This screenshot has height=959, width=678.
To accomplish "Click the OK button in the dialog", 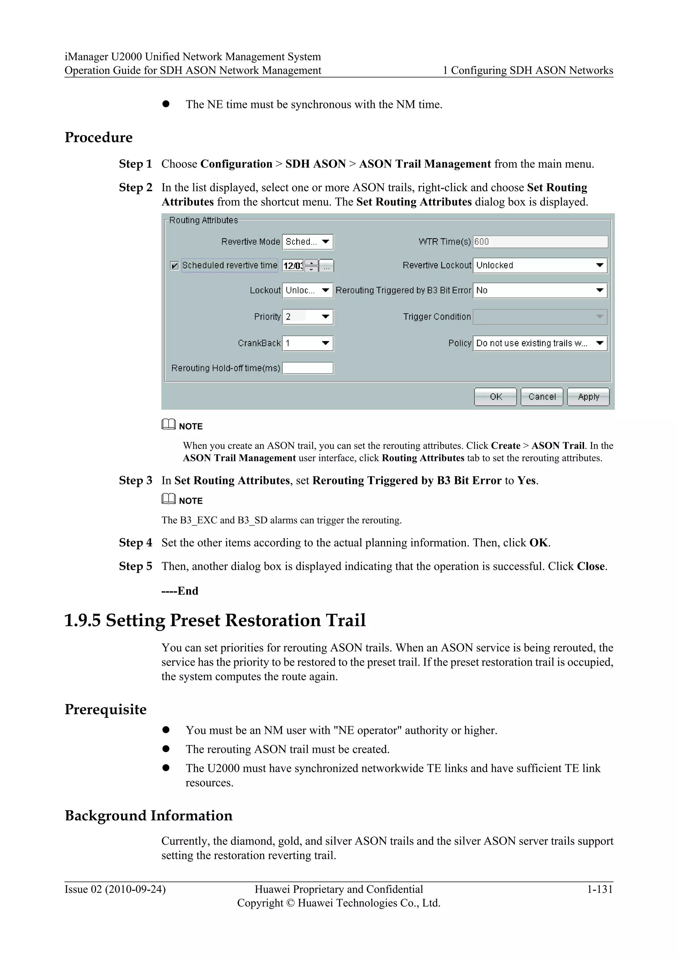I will (x=495, y=396).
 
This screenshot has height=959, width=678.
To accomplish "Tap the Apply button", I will (x=588, y=396).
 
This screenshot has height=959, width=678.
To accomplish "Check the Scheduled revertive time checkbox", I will (x=174, y=266).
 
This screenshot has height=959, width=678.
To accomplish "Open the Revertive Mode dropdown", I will (x=308, y=242).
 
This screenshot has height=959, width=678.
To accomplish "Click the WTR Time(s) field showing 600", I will (x=540, y=242).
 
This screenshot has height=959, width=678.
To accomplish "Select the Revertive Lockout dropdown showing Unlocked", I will (x=540, y=266).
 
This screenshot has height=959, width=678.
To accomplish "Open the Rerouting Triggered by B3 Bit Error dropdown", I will (x=540, y=290).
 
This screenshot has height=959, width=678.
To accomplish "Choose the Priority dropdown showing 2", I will (x=308, y=317).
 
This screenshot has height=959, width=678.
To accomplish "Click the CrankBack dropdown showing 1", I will (x=308, y=343).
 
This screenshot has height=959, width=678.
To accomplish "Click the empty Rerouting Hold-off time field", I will (x=308, y=368).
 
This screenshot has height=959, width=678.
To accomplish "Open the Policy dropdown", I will (x=540, y=343).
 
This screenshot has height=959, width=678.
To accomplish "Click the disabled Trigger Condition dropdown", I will (x=540, y=317).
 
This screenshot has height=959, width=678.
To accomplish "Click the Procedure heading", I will (x=99, y=137).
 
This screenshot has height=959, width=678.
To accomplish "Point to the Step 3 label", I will (x=135, y=480).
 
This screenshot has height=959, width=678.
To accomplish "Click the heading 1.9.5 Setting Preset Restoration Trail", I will (x=215, y=620).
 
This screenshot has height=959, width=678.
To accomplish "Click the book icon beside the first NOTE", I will (x=169, y=425).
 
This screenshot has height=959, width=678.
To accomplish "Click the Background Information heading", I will (x=149, y=816).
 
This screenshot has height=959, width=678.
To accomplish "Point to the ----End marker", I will (x=180, y=591).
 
